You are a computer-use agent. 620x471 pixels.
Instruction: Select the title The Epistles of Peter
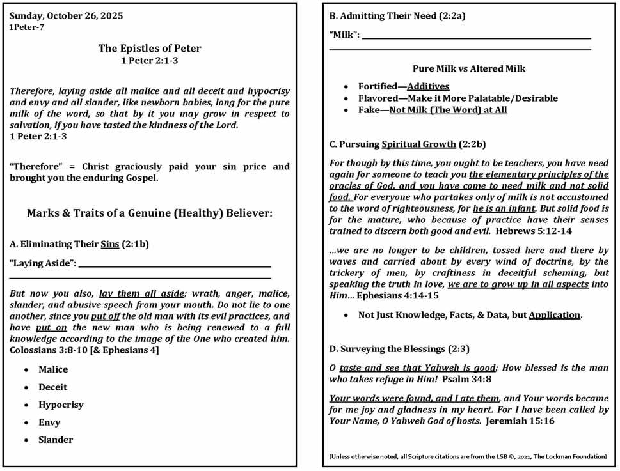(149, 49)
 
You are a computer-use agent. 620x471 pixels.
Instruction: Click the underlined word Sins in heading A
(109, 243)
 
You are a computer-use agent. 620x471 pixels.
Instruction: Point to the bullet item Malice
(52, 369)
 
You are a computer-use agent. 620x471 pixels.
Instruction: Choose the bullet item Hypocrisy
(61, 405)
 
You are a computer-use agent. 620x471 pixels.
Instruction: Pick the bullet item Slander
(56, 440)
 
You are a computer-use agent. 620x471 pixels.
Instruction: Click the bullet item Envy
(49, 422)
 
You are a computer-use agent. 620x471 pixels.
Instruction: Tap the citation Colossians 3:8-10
(51, 350)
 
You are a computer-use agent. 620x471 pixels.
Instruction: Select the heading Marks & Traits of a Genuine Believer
(149, 213)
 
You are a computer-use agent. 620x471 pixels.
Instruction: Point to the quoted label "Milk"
(344, 36)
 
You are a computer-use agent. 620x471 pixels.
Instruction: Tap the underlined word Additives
(428, 86)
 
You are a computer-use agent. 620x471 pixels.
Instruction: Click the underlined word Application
(554, 315)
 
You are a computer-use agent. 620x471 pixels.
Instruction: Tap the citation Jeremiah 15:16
(520, 421)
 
